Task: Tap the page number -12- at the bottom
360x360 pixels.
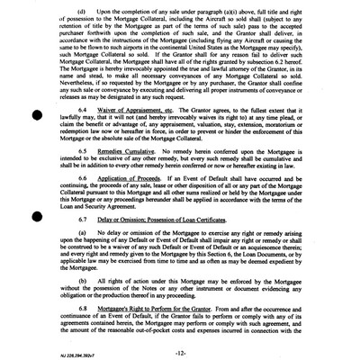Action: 181,348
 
